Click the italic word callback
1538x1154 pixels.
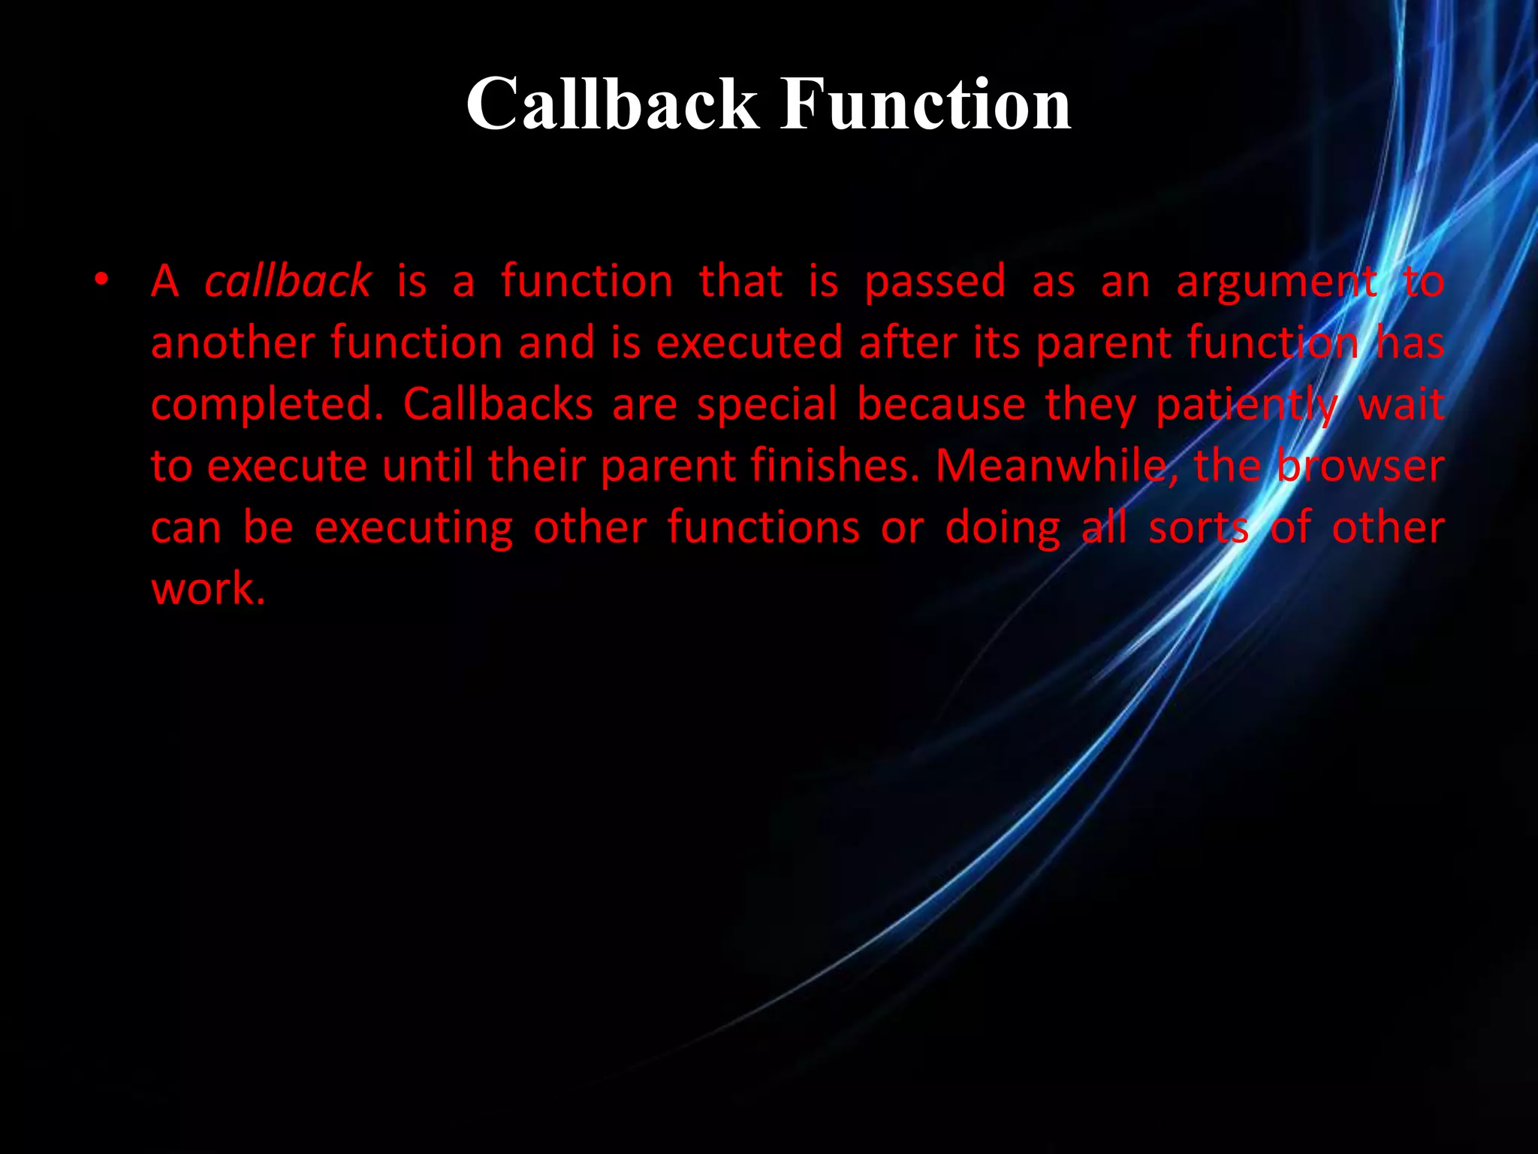[288, 281]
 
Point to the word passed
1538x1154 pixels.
[935, 282]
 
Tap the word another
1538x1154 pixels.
[232, 343]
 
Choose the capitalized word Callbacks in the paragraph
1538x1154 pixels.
[498, 404]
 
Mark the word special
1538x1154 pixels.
[767, 406]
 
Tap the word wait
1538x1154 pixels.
[1401, 404]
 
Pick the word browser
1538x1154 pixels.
[1360, 466]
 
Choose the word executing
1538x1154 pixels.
[414, 527]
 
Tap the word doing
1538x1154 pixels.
[1003, 527]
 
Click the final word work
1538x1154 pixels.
[208, 588]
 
